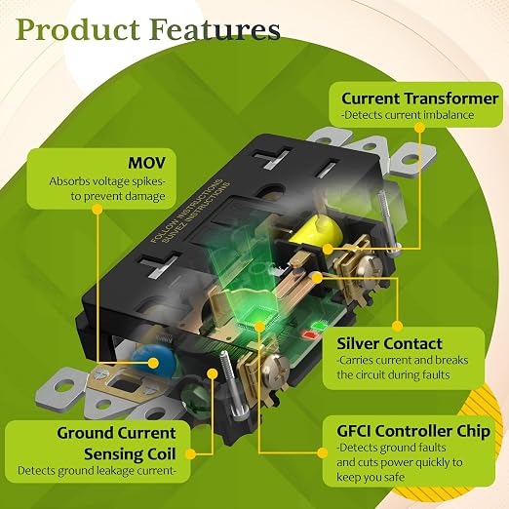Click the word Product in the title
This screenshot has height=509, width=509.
pos(78,29)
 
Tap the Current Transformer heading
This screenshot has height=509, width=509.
pos(419,98)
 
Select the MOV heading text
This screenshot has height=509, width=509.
pos(146,163)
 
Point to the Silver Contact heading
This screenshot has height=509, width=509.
pos(389,344)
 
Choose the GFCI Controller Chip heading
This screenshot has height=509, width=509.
pos(413,431)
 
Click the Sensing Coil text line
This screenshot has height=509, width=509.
pos(130,454)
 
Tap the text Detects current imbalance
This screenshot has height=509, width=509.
pos(408,115)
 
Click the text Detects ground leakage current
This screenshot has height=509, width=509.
pos(97,471)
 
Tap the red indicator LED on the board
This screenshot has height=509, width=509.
pos(309,334)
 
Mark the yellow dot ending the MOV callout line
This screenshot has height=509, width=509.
pos(98,210)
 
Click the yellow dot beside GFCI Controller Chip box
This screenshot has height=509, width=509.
pos(323,452)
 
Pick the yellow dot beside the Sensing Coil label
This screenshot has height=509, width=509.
pos(191,454)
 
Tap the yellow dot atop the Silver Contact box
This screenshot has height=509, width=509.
pos(397,326)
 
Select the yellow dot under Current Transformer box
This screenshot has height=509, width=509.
pos(419,128)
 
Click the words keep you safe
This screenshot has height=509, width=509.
pos(371,477)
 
